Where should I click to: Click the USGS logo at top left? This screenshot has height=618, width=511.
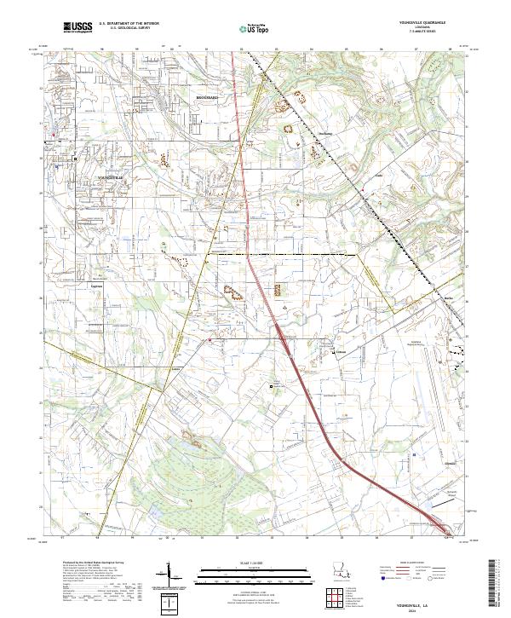pos(78,27)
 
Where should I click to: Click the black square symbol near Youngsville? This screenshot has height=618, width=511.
pos(75,159)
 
